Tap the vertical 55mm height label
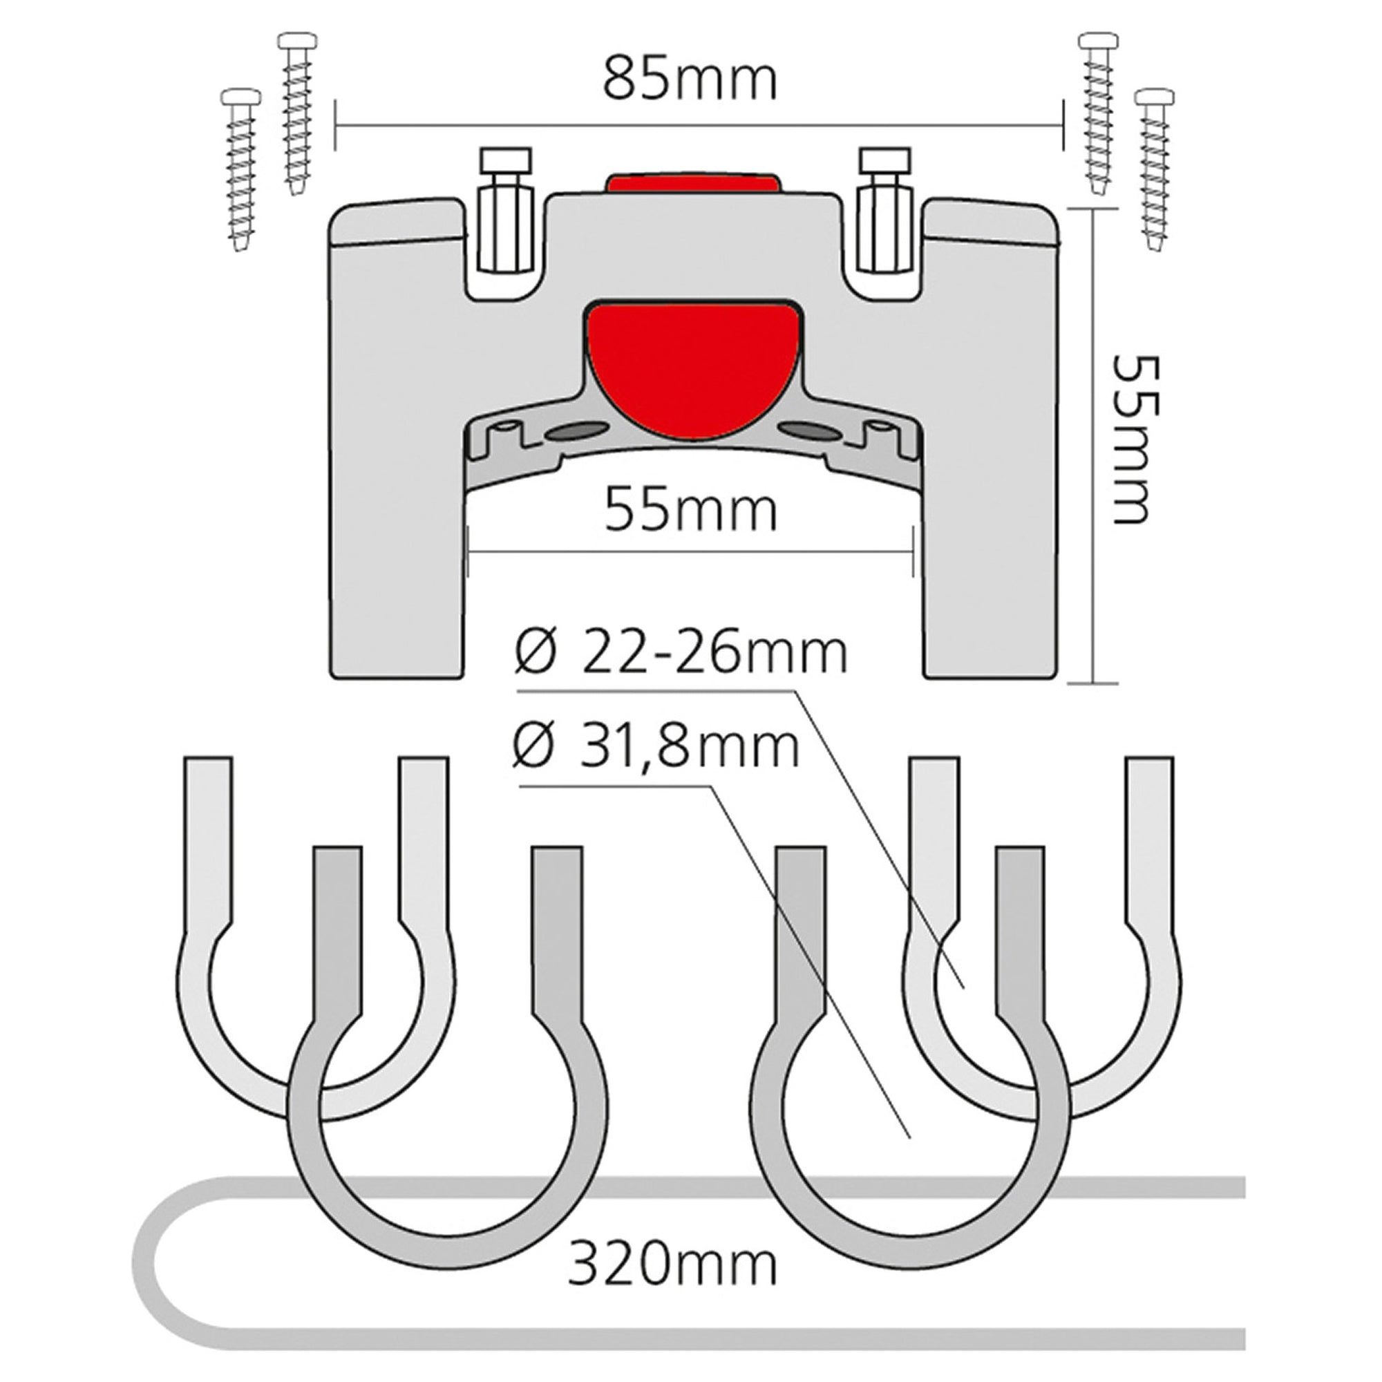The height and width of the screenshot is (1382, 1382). click(x=1135, y=441)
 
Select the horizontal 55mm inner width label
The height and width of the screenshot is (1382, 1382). click(x=690, y=510)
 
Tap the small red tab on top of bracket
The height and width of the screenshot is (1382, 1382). click(x=691, y=182)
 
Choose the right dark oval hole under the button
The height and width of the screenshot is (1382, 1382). click(x=811, y=431)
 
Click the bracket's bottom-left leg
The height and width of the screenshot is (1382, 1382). click(x=397, y=572)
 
